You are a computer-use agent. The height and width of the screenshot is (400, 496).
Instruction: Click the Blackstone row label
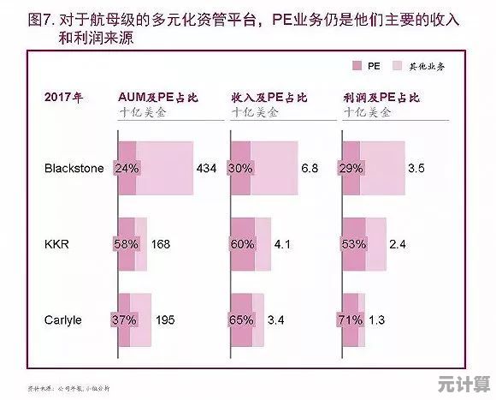[x=74, y=169]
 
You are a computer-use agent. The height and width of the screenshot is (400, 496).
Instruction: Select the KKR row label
[x=56, y=244]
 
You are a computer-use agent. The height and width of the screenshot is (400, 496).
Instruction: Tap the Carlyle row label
[x=62, y=320]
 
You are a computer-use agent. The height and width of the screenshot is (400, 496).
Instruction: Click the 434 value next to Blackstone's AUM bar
[x=206, y=169]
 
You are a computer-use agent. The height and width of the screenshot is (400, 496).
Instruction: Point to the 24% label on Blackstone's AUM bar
[x=126, y=169]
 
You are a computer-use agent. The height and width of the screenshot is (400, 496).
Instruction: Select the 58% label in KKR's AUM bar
[x=126, y=244]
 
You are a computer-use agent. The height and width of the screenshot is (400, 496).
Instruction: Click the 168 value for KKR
[x=162, y=244]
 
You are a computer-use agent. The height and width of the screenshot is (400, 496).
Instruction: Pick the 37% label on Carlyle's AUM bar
[x=126, y=320]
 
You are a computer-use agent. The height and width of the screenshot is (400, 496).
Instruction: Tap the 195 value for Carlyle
[x=166, y=320]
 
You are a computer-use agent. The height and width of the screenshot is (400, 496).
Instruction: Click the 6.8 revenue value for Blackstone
[x=310, y=169]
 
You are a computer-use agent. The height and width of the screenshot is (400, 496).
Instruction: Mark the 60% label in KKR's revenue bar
[x=241, y=244]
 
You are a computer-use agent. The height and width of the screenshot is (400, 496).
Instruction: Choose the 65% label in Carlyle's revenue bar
[x=241, y=320]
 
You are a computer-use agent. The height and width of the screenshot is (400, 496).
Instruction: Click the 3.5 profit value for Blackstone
[x=416, y=169]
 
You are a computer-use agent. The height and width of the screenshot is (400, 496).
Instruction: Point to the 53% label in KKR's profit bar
[x=353, y=244]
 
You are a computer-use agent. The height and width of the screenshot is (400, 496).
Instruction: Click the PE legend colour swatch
[x=357, y=65]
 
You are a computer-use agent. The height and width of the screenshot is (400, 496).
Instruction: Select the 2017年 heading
[x=63, y=97]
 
